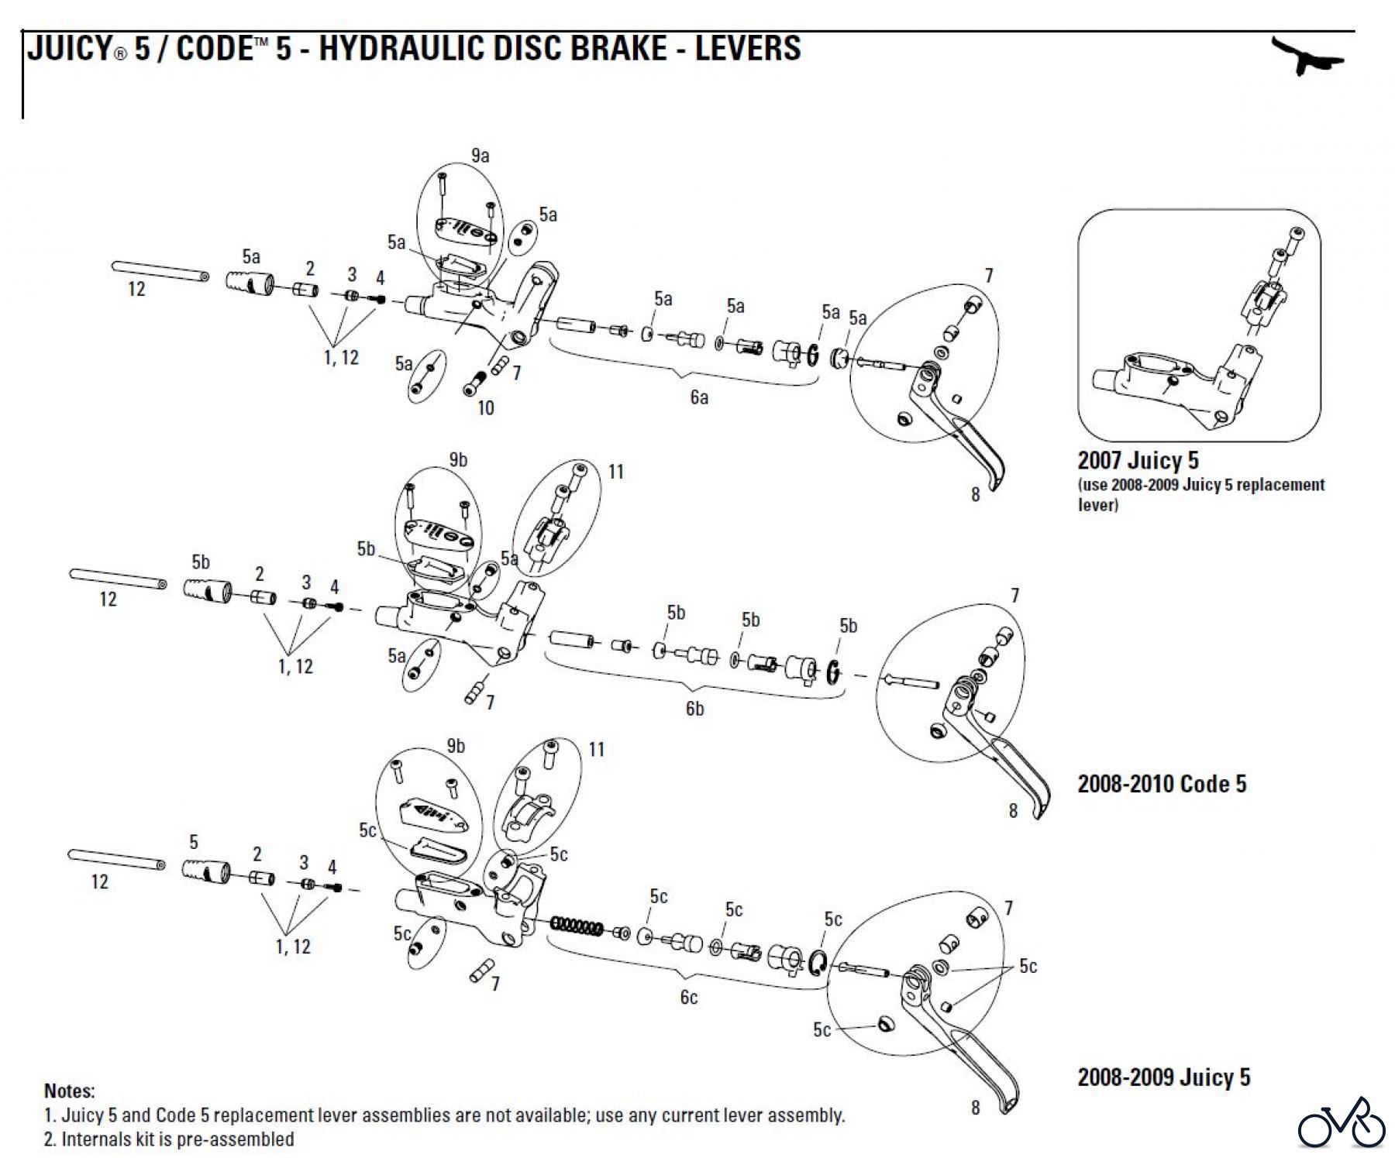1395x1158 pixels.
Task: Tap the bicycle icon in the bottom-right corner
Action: [x=1342, y=1123]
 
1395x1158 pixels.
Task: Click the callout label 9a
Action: [x=480, y=156]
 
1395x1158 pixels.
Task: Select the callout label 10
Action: [x=485, y=408]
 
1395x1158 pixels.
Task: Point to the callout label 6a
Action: [x=699, y=397]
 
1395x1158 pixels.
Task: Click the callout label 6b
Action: [x=694, y=709]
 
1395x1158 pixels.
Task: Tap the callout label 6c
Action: [x=688, y=998]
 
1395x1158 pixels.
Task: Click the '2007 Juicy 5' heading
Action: [x=1138, y=460]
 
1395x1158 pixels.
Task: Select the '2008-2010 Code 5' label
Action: [x=1162, y=784]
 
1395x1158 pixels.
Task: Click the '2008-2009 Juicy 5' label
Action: [x=1163, y=1077]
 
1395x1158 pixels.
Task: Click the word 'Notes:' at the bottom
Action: [x=70, y=1091]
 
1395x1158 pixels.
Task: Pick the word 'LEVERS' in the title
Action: [x=747, y=48]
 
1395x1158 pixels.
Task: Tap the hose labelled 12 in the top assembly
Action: [x=160, y=271]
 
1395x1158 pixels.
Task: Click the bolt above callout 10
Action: [x=475, y=383]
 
